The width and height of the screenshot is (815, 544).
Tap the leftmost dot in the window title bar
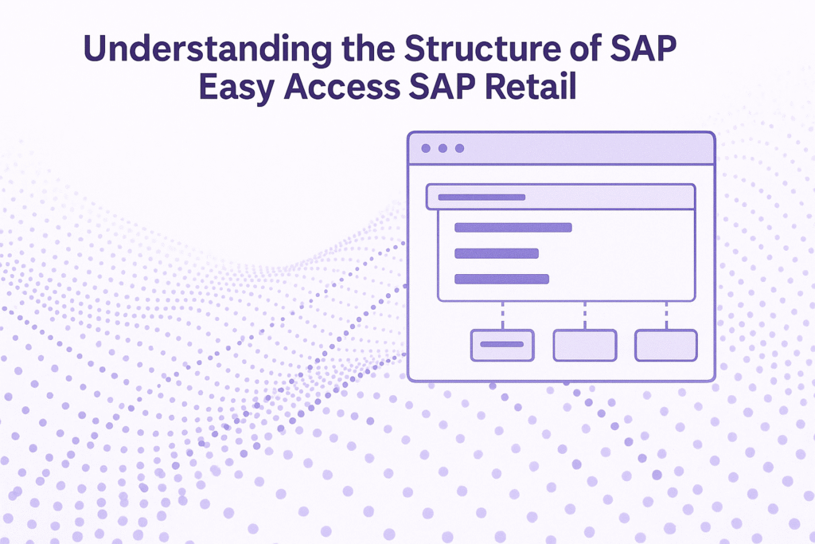(426, 149)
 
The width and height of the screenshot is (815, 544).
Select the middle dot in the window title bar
(443, 149)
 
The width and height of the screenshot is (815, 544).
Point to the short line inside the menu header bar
(482, 197)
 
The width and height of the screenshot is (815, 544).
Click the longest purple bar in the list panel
(513, 228)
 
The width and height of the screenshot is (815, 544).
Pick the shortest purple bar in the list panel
(496, 253)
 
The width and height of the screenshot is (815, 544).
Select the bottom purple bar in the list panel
(501, 279)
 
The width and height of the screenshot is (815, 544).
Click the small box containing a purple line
(502, 345)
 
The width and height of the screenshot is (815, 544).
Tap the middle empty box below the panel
(585, 345)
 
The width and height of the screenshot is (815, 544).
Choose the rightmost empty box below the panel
(666, 345)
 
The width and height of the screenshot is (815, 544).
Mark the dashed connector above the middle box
(585, 315)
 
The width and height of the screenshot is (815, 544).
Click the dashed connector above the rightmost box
(666, 315)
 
